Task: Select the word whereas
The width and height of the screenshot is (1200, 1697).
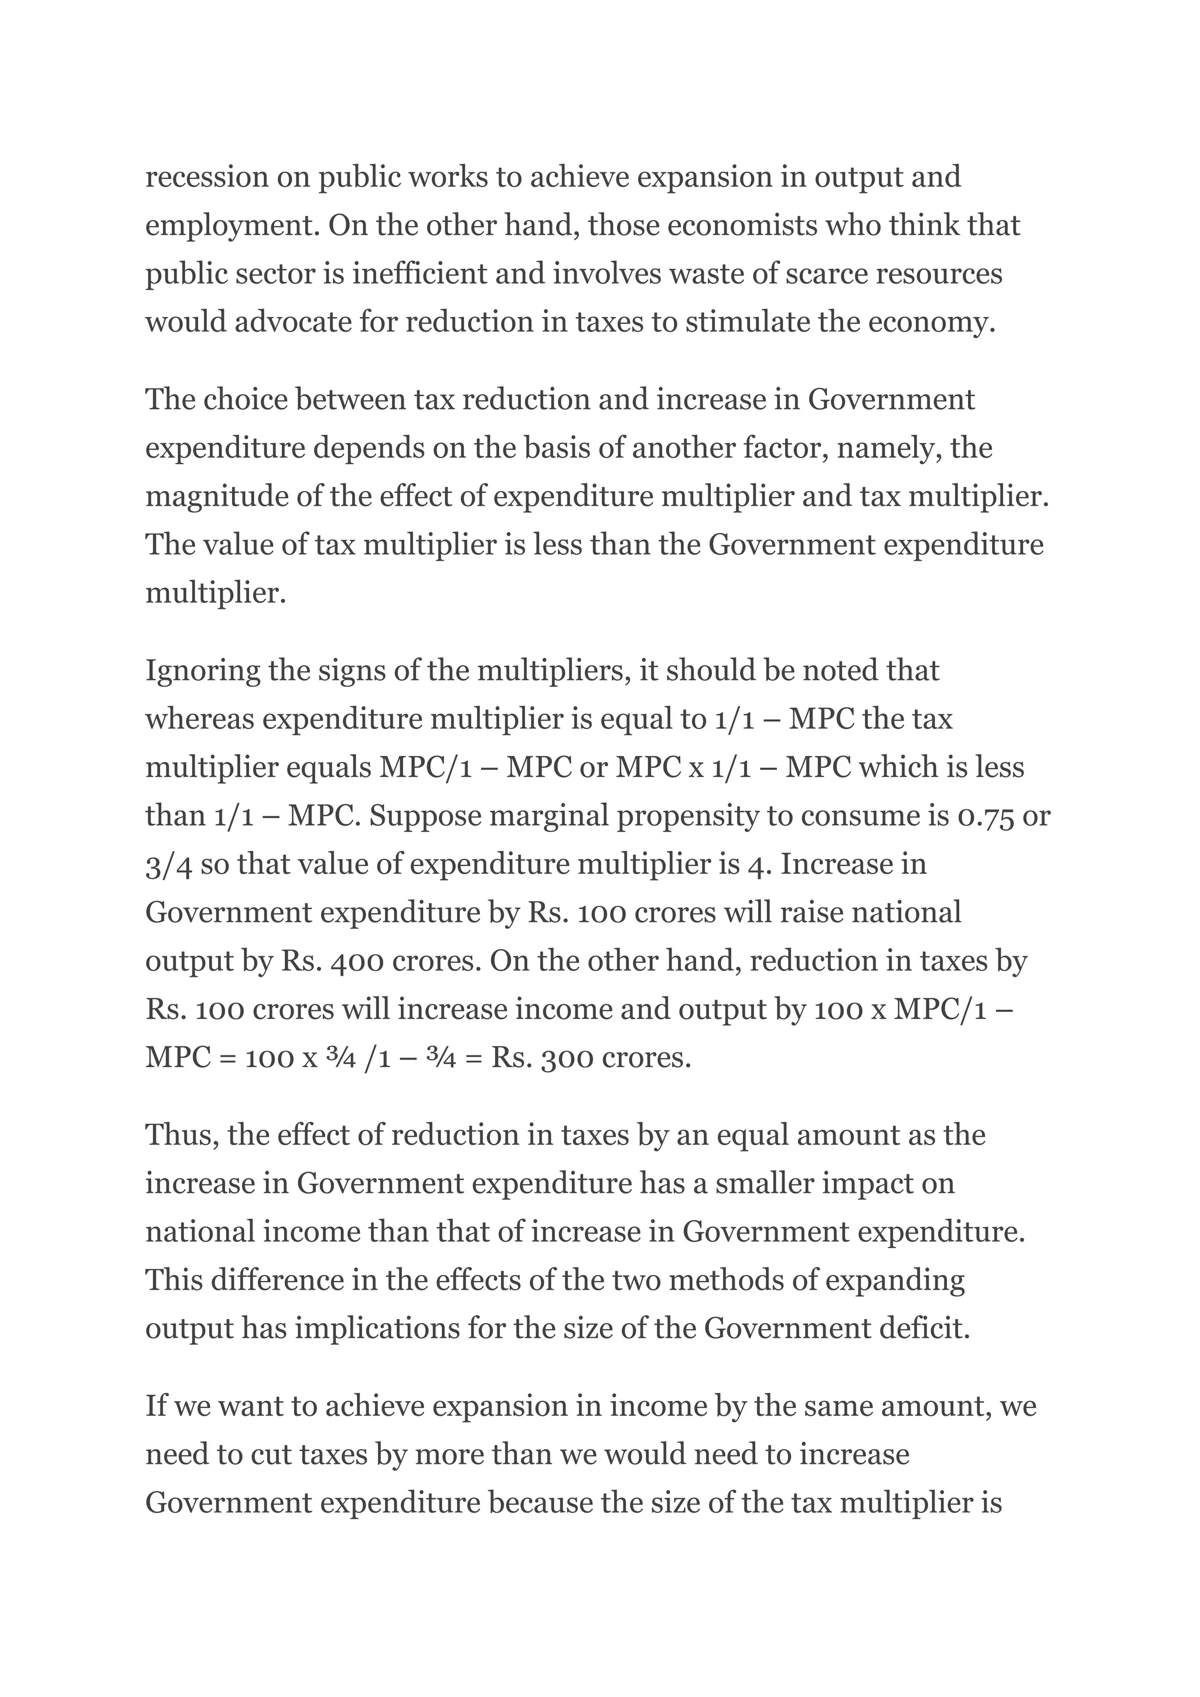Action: (x=199, y=718)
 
